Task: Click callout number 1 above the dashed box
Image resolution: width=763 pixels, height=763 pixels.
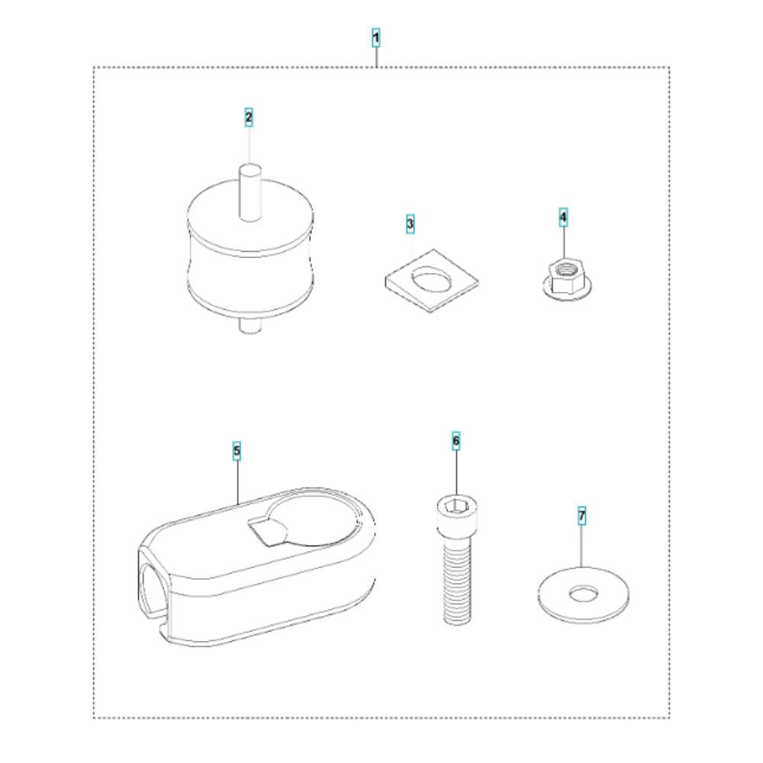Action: (x=375, y=38)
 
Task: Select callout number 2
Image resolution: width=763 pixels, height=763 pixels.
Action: (x=249, y=118)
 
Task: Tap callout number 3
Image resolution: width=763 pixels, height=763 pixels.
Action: (x=410, y=224)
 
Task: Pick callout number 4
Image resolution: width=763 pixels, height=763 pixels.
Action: (x=563, y=217)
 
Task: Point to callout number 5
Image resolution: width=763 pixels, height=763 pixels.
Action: (x=237, y=451)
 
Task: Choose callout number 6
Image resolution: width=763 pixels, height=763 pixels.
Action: (x=456, y=441)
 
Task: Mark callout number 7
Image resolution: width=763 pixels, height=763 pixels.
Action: (x=582, y=515)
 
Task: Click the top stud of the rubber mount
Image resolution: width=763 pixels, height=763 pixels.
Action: (x=250, y=192)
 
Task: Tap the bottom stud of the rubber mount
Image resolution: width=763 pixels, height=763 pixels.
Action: (x=250, y=325)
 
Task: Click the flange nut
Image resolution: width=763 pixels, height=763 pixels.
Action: (x=567, y=279)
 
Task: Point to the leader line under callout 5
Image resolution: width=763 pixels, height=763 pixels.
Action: (x=237, y=481)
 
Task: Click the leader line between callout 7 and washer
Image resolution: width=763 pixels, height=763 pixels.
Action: (x=582, y=546)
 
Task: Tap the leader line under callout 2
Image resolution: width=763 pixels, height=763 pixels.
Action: (x=249, y=145)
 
